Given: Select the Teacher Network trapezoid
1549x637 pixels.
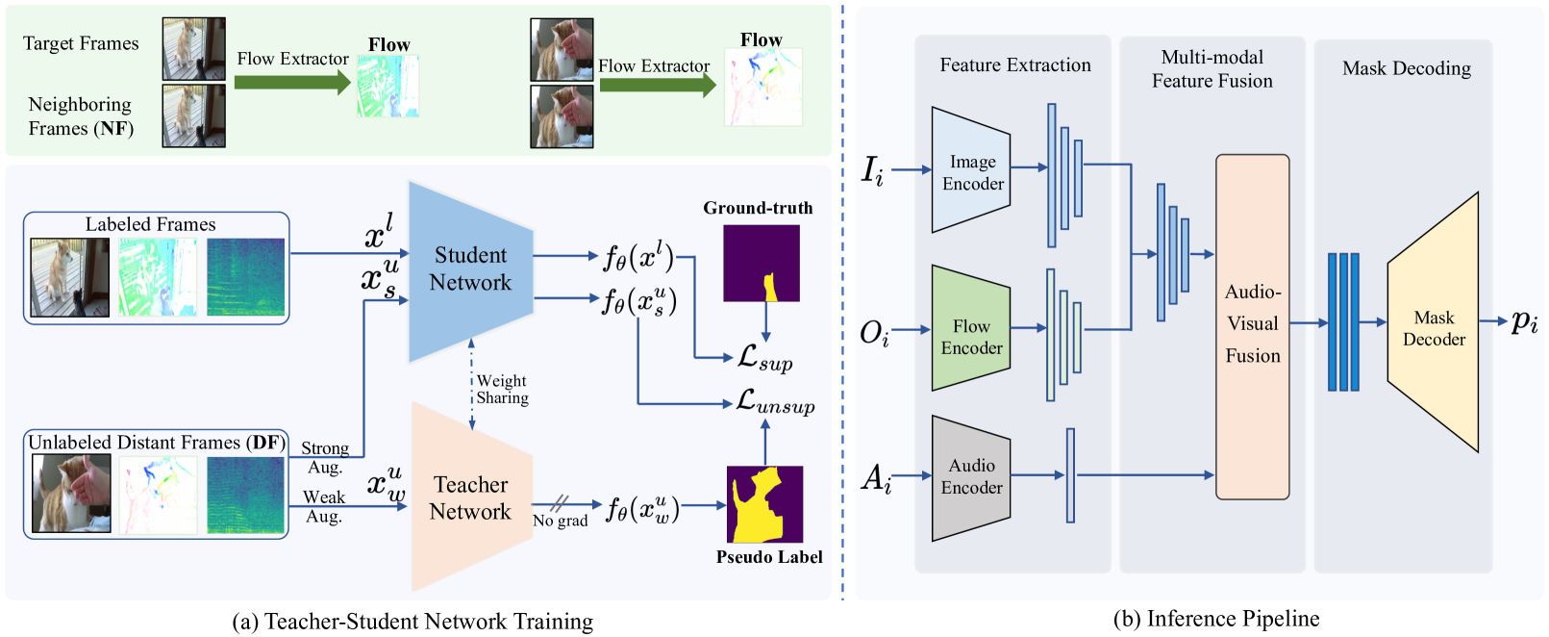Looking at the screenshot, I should pyautogui.click(x=470, y=497).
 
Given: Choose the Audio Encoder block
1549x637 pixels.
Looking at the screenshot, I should pyautogui.click(x=971, y=476).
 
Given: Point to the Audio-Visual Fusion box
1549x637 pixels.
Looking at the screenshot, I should pyautogui.click(x=1252, y=325).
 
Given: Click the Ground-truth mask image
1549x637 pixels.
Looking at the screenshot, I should pyautogui.click(x=761, y=263).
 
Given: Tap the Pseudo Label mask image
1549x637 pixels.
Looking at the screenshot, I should pyautogui.click(x=764, y=504).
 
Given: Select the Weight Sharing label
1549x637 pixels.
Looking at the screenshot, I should pyautogui.click(x=502, y=390).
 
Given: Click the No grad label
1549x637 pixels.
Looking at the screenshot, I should pyautogui.click(x=560, y=521).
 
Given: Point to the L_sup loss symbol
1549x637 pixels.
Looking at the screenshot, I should pyautogui.click(x=764, y=359).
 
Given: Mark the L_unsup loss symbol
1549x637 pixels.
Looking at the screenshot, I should pyautogui.click(x=775, y=402).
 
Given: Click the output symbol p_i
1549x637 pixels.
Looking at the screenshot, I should pyautogui.click(x=1524, y=321).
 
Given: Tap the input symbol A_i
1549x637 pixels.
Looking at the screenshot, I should pyautogui.click(x=876, y=477).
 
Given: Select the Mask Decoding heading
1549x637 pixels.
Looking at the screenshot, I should pyautogui.click(x=1406, y=68).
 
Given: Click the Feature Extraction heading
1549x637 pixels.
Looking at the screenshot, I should pyautogui.click(x=1014, y=65).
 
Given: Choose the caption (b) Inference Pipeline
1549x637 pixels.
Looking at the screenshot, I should pyautogui.click(x=1215, y=619).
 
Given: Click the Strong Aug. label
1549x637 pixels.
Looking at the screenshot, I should pyautogui.click(x=325, y=457).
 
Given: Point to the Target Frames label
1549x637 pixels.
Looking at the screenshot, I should pyautogui.click(x=81, y=43).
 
